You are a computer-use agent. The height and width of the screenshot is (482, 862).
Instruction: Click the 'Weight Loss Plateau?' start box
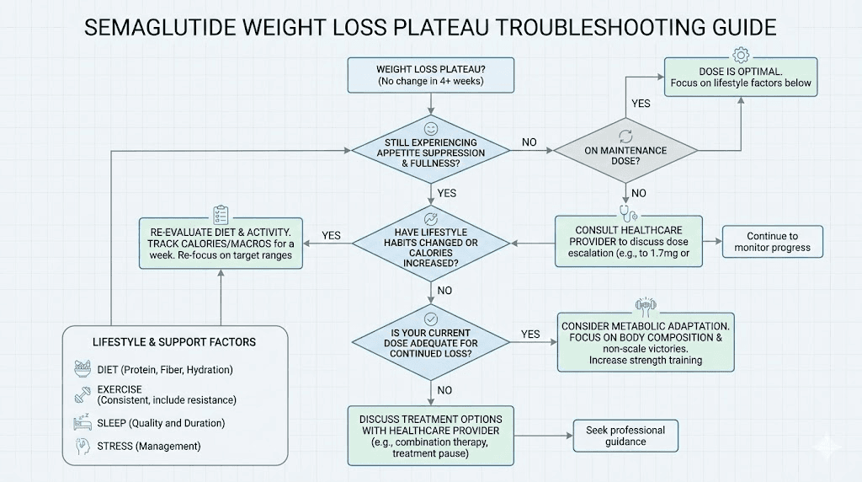431,75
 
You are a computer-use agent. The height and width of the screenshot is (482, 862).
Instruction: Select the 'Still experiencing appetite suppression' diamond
430,153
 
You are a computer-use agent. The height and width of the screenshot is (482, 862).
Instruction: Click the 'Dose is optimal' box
741,77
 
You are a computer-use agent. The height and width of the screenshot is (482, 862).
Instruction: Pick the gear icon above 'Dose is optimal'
741,55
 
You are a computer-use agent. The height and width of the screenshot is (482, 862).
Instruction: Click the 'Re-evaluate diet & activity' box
221,244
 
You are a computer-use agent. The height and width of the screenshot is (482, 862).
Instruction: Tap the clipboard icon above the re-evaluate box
221,214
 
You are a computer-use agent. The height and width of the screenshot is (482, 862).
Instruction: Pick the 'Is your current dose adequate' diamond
430,341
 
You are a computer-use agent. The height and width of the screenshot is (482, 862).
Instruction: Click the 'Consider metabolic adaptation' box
645,343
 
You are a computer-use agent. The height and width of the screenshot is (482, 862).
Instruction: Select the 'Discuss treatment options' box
430,436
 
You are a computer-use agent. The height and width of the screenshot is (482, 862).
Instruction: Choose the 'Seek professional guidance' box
625,436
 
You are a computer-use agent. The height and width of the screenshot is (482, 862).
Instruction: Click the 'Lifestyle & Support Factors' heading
174,342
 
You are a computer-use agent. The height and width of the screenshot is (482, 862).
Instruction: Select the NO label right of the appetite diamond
529,142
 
